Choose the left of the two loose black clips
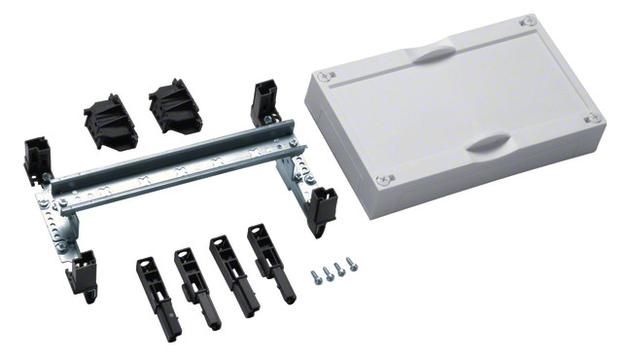(x=112, y=122)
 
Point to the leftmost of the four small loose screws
(x=317, y=277)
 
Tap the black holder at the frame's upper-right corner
(x=265, y=103)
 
